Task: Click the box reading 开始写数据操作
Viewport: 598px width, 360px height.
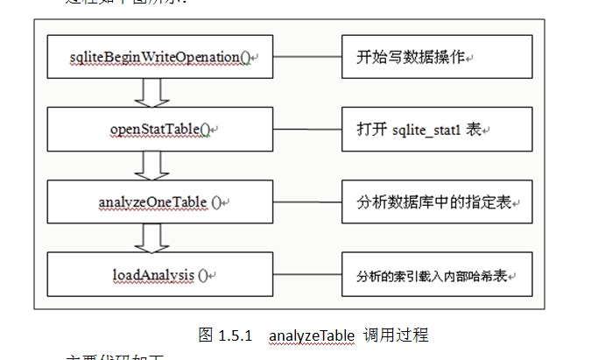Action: coord(437,56)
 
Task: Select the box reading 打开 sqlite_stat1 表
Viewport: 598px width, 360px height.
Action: coord(437,130)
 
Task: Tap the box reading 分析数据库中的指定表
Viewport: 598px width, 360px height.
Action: coord(437,201)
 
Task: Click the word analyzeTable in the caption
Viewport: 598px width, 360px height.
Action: coord(312,335)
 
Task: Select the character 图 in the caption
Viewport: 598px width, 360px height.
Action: coord(207,335)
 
